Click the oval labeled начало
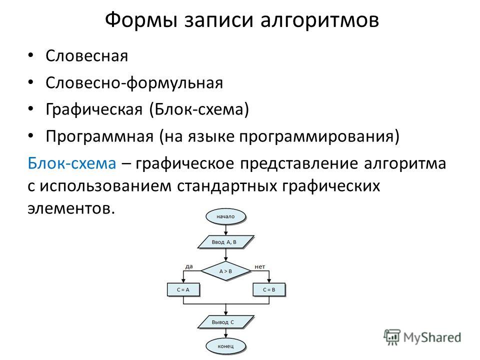[225, 216]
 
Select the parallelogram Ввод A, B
[225, 242]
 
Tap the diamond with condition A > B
[225, 271]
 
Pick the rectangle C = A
[183, 289]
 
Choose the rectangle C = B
[269, 289]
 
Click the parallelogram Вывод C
[225, 322]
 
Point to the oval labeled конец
[225, 346]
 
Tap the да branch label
[189, 266]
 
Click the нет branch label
[259, 266]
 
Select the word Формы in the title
[141, 20]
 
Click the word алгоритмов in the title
[320, 20]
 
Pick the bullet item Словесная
[86, 56]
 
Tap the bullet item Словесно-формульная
[134, 83]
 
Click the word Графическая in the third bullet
[94, 109]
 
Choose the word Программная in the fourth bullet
[99, 136]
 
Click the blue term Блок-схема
[72, 163]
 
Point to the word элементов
[71, 208]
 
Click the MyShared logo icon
[392, 337]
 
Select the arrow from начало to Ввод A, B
[225, 230]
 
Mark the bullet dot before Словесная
[30, 55]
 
